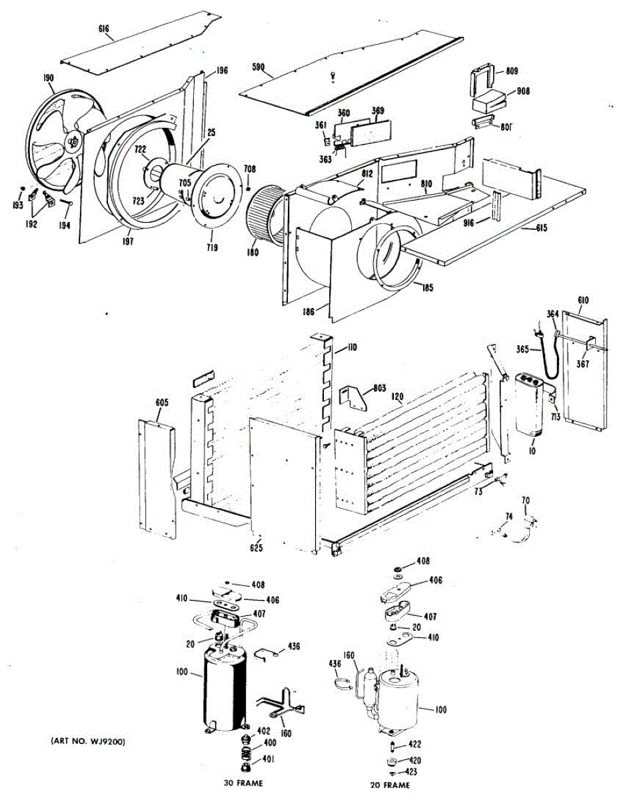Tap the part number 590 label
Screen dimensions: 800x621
(258, 67)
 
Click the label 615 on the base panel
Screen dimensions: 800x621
(540, 229)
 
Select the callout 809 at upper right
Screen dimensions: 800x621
(512, 71)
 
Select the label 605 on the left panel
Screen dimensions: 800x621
(162, 403)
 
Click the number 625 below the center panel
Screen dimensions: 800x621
(257, 548)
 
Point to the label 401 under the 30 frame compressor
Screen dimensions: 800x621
(269, 759)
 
